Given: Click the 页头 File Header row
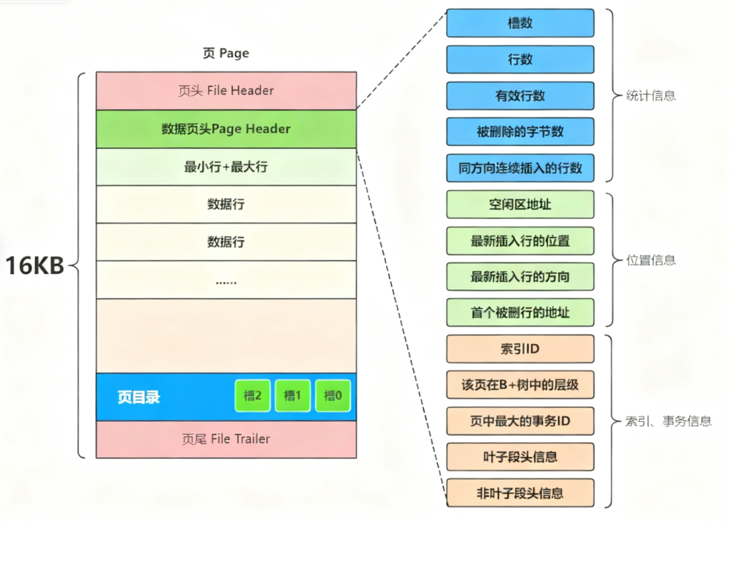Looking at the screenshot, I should (x=226, y=91).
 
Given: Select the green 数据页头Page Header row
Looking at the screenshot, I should (x=226, y=129).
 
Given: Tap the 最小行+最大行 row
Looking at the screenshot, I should (x=226, y=167).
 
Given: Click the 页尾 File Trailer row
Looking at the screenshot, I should (x=226, y=439).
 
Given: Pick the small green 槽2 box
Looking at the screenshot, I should (x=252, y=396).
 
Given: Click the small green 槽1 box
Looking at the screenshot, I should (x=292, y=396).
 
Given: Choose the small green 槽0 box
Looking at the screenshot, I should (x=333, y=396).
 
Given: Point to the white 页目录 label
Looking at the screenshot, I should (x=138, y=397).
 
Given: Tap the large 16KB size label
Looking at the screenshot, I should (x=35, y=266).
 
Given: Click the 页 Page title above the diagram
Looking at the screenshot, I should (x=226, y=53).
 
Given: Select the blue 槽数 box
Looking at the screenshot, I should (x=520, y=23).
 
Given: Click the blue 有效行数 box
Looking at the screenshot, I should (x=520, y=96).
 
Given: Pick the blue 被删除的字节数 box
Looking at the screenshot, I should (x=520, y=132).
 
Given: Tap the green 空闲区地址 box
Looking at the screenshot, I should (x=520, y=204).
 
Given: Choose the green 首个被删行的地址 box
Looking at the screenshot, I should (x=520, y=312).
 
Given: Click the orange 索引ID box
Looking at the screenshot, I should (x=520, y=349).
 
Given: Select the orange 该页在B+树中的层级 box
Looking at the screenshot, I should (x=520, y=385).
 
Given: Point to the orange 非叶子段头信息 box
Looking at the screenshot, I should (x=520, y=493).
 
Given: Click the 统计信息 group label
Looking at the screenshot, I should (x=651, y=96).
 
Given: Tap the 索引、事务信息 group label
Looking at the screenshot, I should (x=668, y=421).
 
